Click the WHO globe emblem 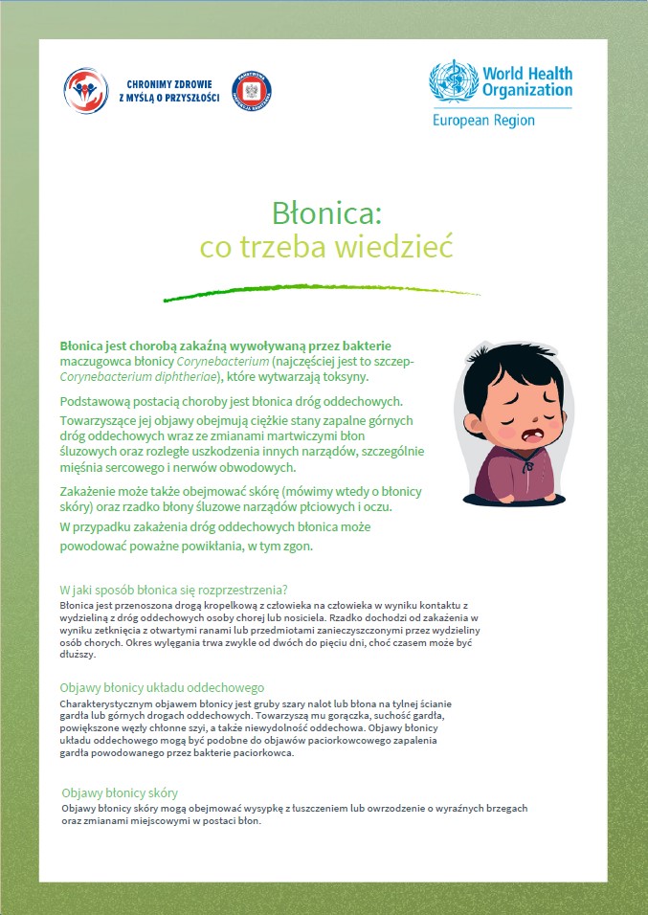pos(454,83)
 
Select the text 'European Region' pos(483,122)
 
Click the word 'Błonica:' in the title pos(326,211)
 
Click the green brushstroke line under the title pos(322,291)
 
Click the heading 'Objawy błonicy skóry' pos(120,793)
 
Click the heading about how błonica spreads pos(173,588)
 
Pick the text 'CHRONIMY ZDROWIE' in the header pos(168,83)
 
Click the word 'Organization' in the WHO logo pos(527,91)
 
